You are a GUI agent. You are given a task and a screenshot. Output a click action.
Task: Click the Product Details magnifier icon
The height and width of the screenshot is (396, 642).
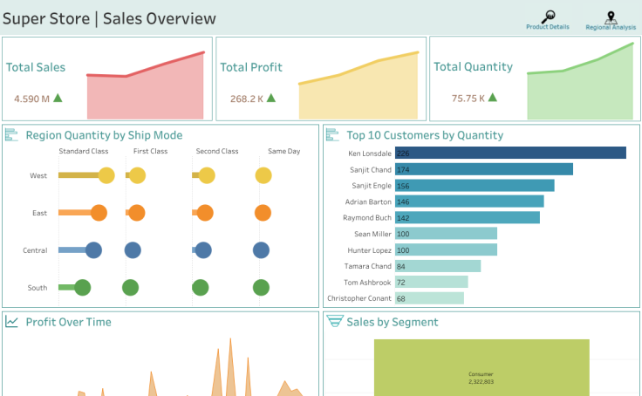(x=548, y=16)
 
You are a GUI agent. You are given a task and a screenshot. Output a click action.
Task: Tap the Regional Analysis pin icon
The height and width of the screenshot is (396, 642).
(x=611, y=16)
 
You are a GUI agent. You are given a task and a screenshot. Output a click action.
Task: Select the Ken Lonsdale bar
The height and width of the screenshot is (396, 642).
(x=510, y=153)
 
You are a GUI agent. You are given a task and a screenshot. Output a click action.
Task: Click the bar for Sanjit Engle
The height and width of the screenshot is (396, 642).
(x=475, y=185)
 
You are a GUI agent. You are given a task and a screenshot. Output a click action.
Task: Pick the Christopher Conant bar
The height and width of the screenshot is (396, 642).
(x=429, y=298)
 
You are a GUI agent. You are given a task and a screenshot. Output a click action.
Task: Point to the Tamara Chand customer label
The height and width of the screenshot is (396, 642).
(x=369, y=266)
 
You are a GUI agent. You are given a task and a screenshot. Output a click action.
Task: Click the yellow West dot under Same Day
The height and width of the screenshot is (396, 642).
(x=263, y=175)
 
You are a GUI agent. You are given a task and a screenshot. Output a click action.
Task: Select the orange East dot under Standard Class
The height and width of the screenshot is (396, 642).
(x=99, y=213)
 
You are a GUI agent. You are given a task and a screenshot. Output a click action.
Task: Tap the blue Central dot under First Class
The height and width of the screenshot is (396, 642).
(x=133, y=250)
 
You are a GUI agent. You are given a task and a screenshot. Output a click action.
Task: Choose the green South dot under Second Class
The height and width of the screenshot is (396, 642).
(x=201, y=287)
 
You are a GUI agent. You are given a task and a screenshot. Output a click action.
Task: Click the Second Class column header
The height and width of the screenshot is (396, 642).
(x=217, y=152)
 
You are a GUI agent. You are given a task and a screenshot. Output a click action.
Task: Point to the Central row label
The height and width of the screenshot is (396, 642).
(x=35, y=250)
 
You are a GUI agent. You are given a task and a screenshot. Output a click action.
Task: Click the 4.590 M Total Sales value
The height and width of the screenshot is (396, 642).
(x=31, y=99)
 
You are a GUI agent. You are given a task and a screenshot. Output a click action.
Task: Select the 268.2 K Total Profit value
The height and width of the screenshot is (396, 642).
(x=247, y=99)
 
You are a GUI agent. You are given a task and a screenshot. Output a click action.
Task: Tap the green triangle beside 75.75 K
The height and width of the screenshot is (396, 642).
(x=495, y=98)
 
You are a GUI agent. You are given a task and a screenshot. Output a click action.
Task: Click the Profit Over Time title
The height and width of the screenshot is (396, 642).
(x=68, y=322)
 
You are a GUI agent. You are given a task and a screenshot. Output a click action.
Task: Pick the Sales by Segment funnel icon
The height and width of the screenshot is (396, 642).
(x=334, y=321)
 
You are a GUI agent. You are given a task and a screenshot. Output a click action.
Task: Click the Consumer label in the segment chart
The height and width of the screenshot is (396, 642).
(x=481, y=373)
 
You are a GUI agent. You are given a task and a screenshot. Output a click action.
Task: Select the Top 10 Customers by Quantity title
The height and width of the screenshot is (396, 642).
(x=425, y=135)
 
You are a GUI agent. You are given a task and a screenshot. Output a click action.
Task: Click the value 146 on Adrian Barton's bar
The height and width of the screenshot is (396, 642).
(x=403, y=201)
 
